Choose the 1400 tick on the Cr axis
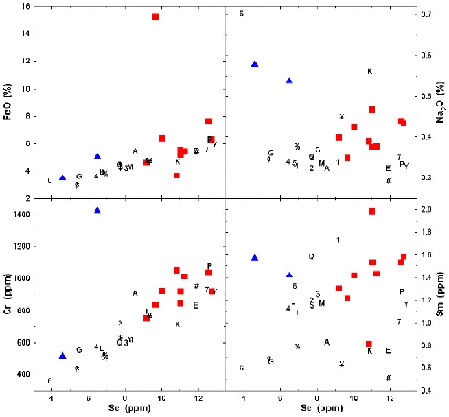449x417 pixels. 21,215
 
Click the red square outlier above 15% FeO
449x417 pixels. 156,16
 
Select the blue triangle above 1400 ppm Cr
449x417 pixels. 97,211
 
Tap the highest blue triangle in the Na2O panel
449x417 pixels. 255,64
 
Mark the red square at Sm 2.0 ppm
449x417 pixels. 372,211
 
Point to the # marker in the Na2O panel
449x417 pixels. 388,182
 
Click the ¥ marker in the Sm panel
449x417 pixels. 341,364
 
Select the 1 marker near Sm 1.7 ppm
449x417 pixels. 338,239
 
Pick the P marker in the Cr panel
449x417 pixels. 209,266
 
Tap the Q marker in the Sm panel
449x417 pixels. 311,257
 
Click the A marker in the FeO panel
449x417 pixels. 135,152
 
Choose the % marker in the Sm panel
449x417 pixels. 297,347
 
